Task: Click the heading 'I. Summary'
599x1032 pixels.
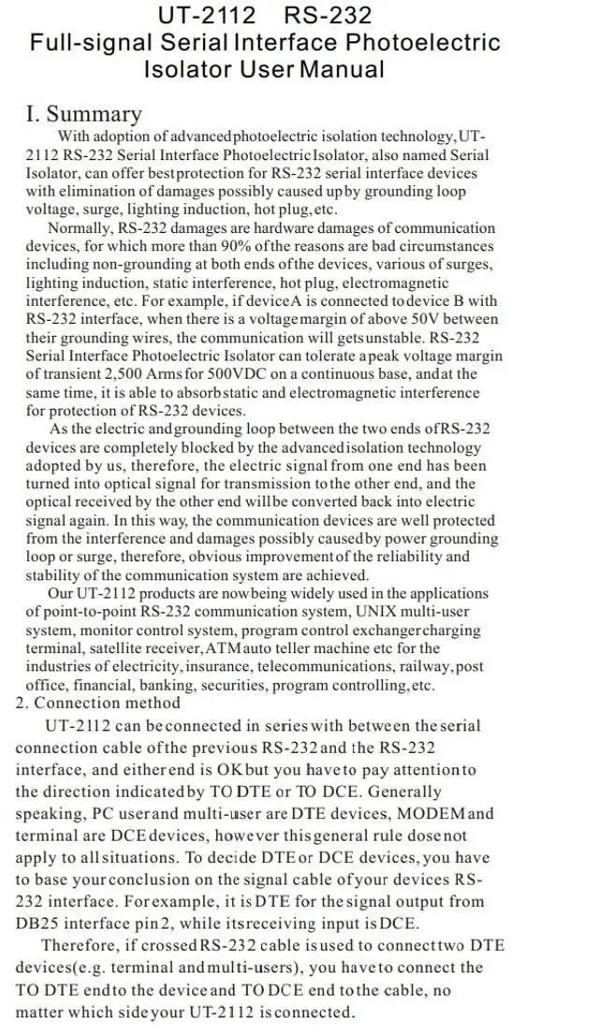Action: click(x=83, y=114)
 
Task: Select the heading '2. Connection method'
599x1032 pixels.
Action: click(x=97, y=703)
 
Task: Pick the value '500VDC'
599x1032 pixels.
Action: click(x=242, y=374)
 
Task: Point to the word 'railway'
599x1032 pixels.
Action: click(x=421, y=666)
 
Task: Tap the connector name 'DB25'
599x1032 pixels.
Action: click(x=38, y=923)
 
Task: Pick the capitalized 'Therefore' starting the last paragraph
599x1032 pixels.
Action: click(x=82, y=945)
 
